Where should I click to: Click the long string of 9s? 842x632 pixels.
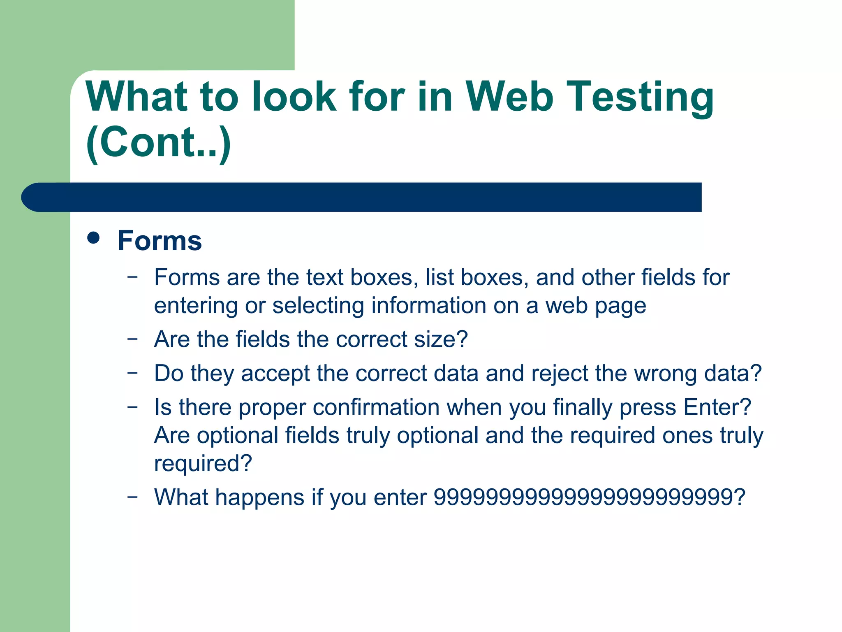(x=584, y=497)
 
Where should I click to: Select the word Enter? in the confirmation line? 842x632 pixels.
(x=717, y=407)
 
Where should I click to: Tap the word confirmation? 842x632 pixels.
(x=376, y=407)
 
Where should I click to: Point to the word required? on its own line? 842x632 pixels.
(x=203, y=464)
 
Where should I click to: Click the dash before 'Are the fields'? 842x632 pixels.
(x=132, y=339)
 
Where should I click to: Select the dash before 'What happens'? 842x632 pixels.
(x=132, y=497)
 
